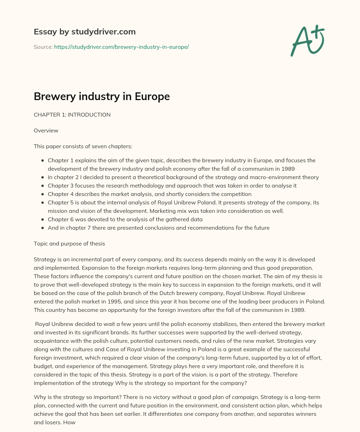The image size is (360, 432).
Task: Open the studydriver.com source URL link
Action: pos(121,47)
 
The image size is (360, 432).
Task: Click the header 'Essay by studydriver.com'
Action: pos(84,32)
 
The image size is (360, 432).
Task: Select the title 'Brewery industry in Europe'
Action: pos(102,97)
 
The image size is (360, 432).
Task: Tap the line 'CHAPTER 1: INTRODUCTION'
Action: pos(72,114)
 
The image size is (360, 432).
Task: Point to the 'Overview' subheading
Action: pos(46,131)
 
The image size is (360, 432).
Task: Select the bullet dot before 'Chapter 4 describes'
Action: pos(43,194)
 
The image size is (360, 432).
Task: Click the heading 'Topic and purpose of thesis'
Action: pos(69,244)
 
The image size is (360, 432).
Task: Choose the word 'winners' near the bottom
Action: pos(306,414)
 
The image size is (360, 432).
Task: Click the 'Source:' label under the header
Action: pos(43,47)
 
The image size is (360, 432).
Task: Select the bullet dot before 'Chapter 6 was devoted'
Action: pos(43,220)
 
